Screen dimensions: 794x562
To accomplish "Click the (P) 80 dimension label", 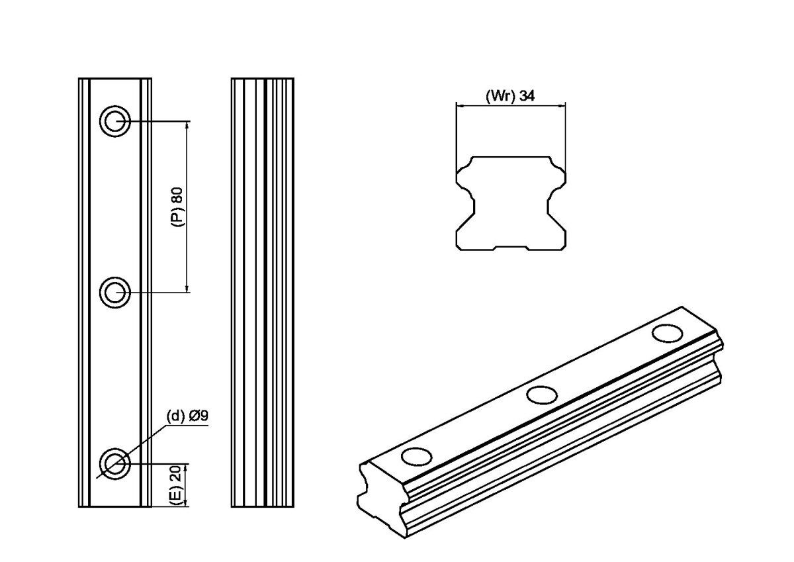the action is [177, 207].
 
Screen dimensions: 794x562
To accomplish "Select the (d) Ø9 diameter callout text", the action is [187, 416].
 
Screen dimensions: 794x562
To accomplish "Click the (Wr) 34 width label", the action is [510, 96].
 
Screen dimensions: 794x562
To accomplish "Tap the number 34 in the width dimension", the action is [527, 96].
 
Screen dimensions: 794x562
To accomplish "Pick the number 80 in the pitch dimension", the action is [177, 195].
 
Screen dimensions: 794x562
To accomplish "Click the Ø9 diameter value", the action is [199, 416].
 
